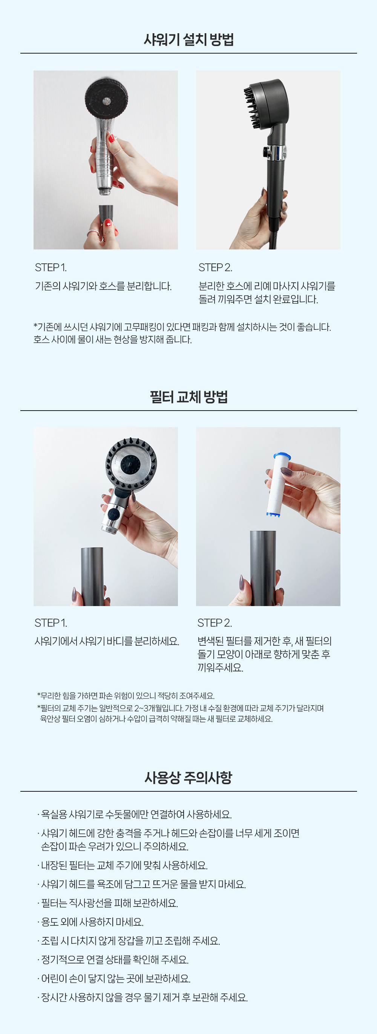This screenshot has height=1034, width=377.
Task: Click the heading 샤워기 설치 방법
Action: tap(188, 39)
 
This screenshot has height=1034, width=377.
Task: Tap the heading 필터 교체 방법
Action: tap(188, 397)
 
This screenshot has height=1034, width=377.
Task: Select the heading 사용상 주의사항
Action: tap(188, 778)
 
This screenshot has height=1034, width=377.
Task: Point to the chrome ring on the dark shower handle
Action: tap(276, 152)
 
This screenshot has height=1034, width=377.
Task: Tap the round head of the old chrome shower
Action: tap(106, 98)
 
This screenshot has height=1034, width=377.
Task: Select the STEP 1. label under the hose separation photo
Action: tap(51, 267)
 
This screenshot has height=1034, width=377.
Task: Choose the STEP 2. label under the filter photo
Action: tap(215, 623)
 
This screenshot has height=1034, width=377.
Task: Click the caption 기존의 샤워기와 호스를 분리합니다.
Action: tap(103, 286)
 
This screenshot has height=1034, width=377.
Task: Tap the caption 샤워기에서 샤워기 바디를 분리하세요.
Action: tap(107, 641)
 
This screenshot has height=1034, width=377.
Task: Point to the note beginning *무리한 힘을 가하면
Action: tap(126, 695)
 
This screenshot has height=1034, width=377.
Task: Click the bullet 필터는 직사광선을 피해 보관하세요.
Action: tap(107, 903)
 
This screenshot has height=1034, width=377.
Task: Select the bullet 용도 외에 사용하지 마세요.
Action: tap(90, 922)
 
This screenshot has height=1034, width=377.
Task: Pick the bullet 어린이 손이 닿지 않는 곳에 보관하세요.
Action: tap(114, 979)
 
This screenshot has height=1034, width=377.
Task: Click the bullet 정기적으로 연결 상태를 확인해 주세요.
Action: tap(113, 960)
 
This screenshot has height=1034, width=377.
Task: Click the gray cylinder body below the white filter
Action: tap(263, 568)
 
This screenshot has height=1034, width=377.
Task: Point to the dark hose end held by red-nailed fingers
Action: tap(106, 213)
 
